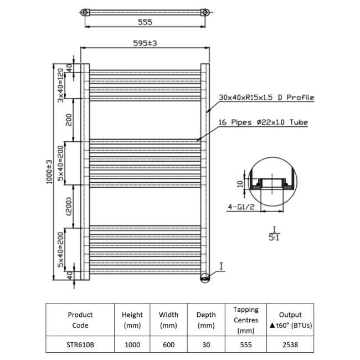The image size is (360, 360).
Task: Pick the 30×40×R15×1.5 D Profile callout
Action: [266, 97]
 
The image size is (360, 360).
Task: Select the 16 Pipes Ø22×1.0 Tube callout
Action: [264, 122]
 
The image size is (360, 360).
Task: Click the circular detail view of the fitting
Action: [272, 182]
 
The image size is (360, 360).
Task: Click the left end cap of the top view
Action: [84, 12]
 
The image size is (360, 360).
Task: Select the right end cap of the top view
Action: [205, 12]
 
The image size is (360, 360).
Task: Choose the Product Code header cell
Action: [80, 320]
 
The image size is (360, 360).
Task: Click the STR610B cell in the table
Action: [80, 344]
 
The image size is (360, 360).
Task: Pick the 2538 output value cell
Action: [290, 344]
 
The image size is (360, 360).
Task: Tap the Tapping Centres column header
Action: [246, 320]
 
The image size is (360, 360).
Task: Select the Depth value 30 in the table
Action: [206, 344]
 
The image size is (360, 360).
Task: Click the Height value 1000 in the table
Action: [132, 344]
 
